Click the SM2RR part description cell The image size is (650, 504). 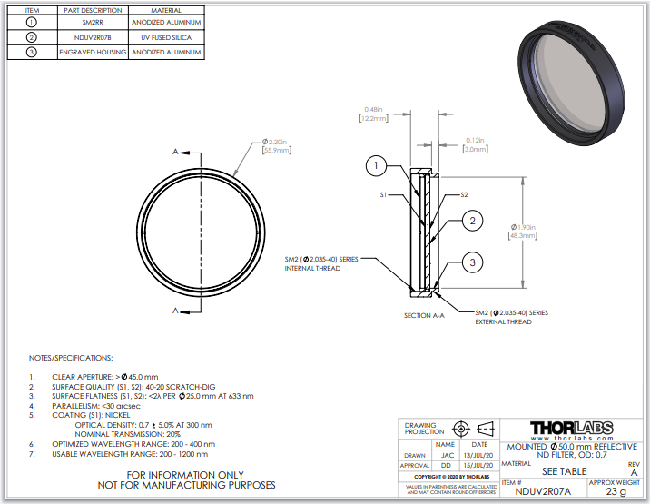(89, 22)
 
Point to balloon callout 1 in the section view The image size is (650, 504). (379, 165)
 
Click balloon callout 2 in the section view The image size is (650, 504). (473, 221)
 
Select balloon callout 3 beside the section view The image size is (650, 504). (473, 263)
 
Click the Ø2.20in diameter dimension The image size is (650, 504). (275, 144)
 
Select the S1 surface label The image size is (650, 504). (385, 193)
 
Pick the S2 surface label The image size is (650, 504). (464, 193)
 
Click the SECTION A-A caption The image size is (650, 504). (425, 316)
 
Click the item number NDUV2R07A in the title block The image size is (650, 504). (542, 492)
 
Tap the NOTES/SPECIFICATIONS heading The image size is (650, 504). (71, 358)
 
